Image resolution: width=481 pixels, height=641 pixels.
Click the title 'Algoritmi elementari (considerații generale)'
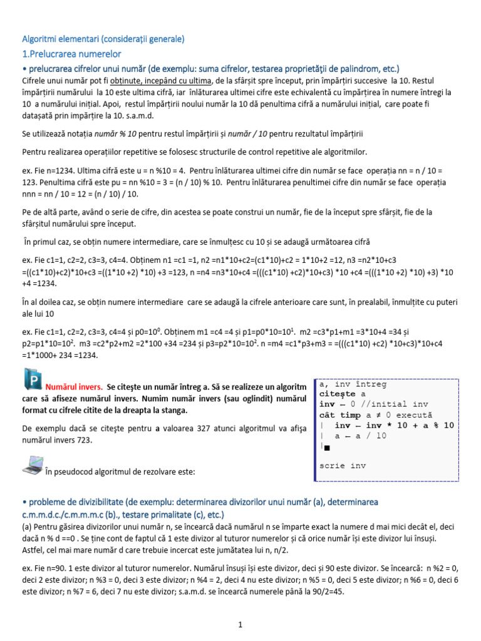(103, 39)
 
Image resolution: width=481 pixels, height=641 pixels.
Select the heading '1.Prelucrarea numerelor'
(72, 54)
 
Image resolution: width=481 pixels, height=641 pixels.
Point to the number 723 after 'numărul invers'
(83, 440)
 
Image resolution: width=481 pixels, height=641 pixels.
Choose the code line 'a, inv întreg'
(353, 384)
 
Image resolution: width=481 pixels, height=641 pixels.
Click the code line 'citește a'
(342, 394)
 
